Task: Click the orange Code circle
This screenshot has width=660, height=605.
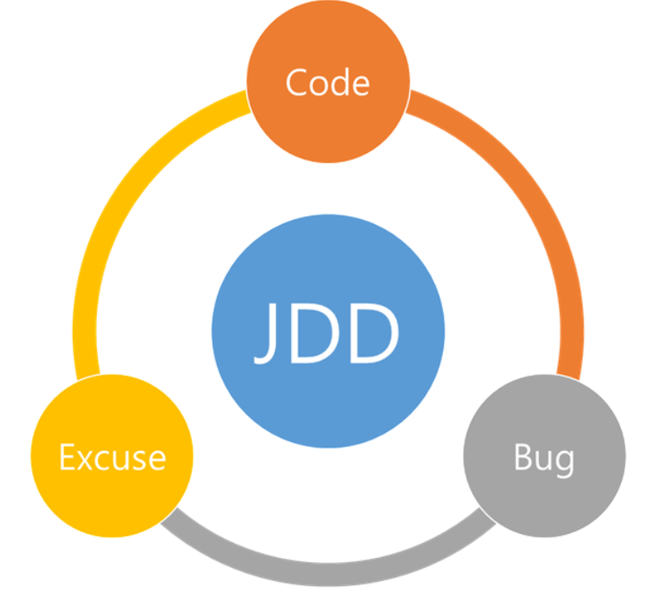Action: (x=327, y=53)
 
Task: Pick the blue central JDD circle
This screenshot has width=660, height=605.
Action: (x=327, y=294)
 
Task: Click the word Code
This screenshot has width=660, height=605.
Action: (x=327, y=83)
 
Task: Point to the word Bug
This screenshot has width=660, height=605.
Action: (x=543, y=458)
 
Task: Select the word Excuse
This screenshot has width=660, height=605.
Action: (x=112, y=457)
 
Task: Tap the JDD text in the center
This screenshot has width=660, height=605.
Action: (x=327, y=333)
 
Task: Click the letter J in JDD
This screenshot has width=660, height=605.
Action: (x=268, y=335)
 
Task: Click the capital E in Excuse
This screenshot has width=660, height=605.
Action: (x=67, y=457)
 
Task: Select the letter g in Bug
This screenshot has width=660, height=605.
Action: (x=565, y=462)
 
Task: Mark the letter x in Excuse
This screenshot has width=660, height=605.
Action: (x=87, y=460)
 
